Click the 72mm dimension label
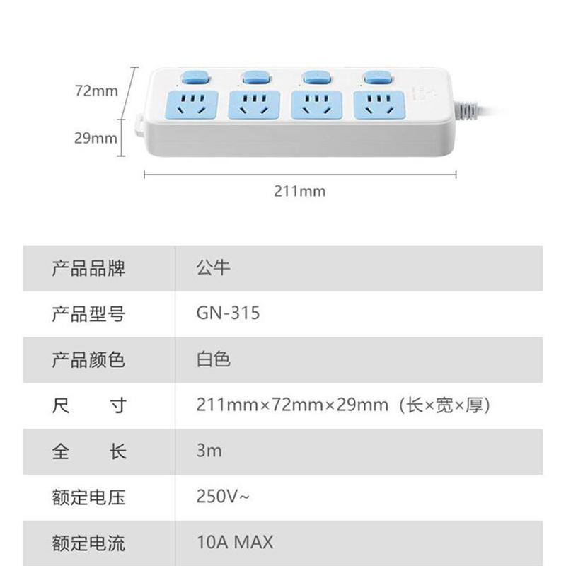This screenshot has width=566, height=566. point(96,91)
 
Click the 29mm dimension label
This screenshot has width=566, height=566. point(96,137)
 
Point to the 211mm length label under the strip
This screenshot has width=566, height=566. point(300,191)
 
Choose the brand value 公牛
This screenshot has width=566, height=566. point(213,268)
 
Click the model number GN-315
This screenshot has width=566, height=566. point(228,313)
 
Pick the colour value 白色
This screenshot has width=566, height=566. point(213,359)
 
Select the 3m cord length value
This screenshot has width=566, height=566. point(209,450)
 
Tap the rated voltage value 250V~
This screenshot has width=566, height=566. point(223,496)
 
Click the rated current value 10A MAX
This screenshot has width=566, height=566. point(234,543)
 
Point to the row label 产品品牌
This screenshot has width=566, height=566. point(88,268)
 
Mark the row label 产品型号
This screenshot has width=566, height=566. point(88,313)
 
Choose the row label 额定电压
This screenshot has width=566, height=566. point(88,496)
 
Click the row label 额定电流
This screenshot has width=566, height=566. point(88,543)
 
